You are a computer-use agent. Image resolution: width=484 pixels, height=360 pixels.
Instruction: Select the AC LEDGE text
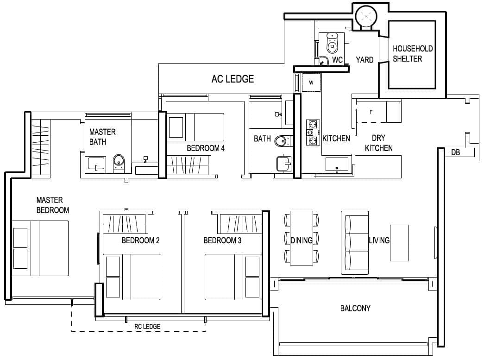click(233, 79)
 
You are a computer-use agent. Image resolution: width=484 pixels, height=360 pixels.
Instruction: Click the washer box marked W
click(311, 83)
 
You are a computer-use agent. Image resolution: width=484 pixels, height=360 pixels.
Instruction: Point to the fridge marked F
click(371, 112)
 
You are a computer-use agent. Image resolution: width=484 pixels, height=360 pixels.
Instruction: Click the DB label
click(455, 152)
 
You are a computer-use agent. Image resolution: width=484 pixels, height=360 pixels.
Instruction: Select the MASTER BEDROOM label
click(52, 205)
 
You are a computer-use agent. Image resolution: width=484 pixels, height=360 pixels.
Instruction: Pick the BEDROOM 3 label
click(222, 240)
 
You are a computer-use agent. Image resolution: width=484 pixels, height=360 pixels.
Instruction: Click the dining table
click(301, 238)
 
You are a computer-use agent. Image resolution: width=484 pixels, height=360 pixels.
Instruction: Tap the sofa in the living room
click(355, 242)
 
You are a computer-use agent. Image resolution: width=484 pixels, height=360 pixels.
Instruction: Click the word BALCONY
click(355, 308)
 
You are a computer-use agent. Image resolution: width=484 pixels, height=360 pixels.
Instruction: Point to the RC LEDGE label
click(147, 327)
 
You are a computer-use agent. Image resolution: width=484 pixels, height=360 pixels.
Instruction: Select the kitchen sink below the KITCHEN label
click(337, 165)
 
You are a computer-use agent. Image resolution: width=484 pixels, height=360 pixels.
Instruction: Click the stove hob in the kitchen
click(313, 132)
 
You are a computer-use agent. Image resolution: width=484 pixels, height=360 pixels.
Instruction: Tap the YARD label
click(365, 60)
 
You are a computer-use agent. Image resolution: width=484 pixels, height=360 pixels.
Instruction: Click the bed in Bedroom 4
click(195, 127)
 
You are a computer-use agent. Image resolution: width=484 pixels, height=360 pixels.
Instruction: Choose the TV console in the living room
click(399, 243)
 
